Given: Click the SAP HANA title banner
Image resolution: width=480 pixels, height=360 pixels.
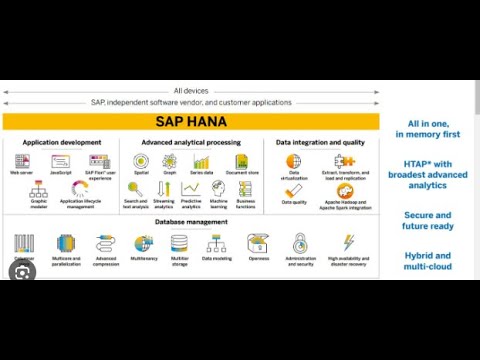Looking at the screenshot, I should coord(190,121).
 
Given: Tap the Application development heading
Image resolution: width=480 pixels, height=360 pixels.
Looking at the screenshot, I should coord(61,143).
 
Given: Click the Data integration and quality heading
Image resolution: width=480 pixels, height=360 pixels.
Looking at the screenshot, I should coord(320,143).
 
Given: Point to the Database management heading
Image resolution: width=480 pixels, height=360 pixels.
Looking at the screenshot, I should coord(193,222).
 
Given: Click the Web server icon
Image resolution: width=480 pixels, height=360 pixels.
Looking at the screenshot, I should coord(22,160).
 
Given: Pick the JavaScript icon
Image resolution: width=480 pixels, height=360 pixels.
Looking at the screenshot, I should coord(60,160).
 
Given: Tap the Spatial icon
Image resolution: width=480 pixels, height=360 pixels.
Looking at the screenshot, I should coord(140,161).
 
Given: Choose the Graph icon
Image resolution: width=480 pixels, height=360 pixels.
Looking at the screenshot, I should coord(170,161).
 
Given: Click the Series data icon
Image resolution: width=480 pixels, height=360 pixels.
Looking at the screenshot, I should coord(201,161).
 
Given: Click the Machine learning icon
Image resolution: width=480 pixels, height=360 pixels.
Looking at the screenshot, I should coord(217,188).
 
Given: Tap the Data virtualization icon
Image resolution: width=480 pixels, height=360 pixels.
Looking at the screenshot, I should coord(294,161).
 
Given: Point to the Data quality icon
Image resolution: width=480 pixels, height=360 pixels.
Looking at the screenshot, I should coord(294,189).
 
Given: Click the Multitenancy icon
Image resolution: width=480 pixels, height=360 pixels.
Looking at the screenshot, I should coord(143,243).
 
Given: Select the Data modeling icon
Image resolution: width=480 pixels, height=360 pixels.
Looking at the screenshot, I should coord(216,243).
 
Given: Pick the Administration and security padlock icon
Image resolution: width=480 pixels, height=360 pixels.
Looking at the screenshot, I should coord(300,243).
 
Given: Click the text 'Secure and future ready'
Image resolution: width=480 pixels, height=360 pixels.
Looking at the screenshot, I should coord(427,220).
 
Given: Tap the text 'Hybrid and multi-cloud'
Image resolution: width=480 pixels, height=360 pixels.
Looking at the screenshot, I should coord(427,261).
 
